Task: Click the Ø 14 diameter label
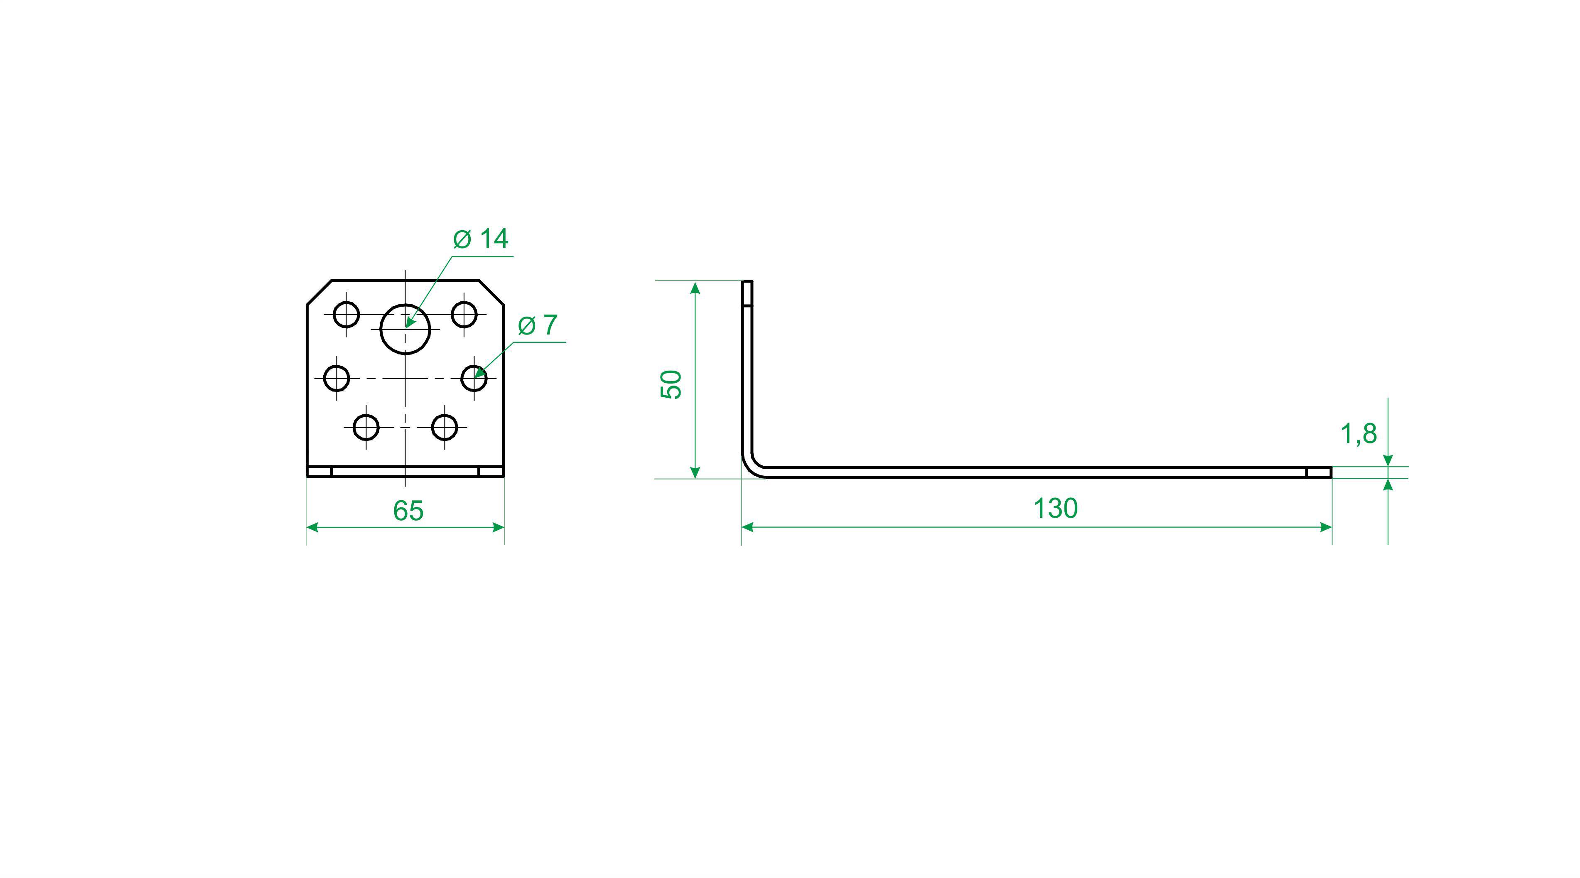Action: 481,239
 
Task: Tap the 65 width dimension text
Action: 408,511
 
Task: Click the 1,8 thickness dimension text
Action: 1359,434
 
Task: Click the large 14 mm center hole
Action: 405,329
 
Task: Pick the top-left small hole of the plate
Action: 346,315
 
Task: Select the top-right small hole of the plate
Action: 464,315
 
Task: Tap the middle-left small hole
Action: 337,378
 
